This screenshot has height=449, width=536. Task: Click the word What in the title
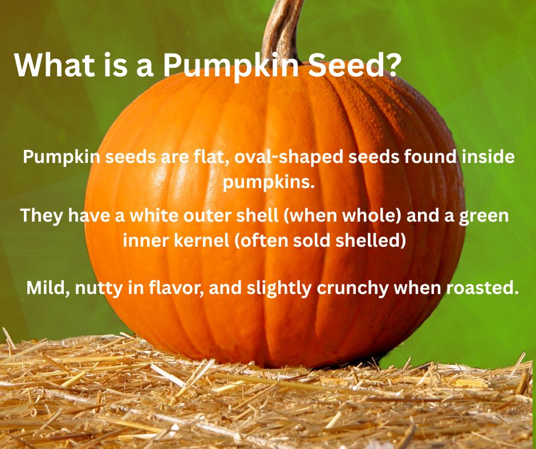pyautogui.click(x=55, y=65)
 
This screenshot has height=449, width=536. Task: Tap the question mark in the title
pyautogui.click(x=391, y=65)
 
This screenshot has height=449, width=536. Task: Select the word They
pyautogui.click(x=42, y=216)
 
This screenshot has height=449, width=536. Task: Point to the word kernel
pyautogui.click(x=202, y=240)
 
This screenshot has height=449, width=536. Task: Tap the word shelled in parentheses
pyautogui.click(x=368, y=240)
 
